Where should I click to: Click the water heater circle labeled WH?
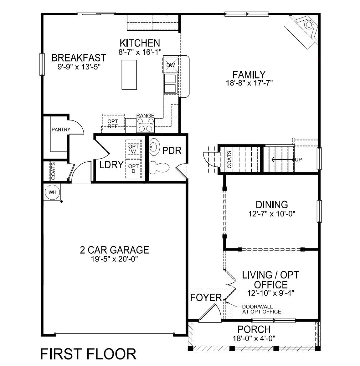pos(52,192)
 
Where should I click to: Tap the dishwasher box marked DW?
pos(170,65)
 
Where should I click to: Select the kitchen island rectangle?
pos(129,75)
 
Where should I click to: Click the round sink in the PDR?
pos(154,148)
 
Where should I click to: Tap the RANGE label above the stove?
pos(145,116)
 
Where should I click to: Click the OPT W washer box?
pos(134,149)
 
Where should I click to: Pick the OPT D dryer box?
pos(133,169)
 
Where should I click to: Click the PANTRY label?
pos(61,130)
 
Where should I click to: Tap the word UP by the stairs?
pos(299,160)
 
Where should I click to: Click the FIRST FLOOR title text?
pos(89,354)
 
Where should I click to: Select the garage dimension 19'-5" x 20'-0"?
pos(114,259)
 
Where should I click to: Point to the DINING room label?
pos(272,205)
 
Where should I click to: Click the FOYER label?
pos(206,297)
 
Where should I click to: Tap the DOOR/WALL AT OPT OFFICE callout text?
pos(261,309)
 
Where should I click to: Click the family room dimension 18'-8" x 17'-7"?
pos(249,83)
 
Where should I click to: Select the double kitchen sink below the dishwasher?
pos(171,84)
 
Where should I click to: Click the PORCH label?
pos(254,329)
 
